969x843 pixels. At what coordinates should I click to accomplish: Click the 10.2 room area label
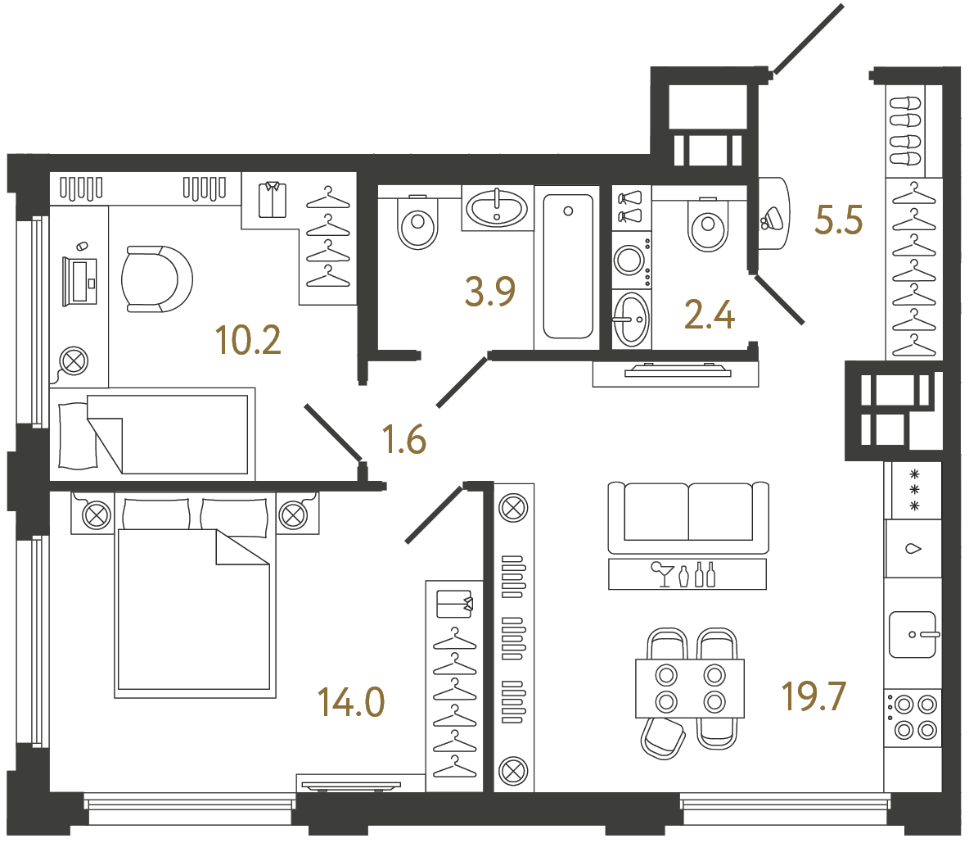tap(248, 340)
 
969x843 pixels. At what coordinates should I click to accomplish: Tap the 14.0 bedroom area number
tap(351, 702)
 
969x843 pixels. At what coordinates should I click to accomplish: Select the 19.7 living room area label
tap(814, 696)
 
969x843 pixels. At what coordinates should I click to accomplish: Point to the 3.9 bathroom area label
tap(490, 292)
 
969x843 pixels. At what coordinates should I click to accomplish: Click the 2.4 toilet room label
tap(710, 315)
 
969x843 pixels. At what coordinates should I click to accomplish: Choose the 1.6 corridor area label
tap(405, 440)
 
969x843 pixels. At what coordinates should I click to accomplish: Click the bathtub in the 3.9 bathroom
tap(568, 266)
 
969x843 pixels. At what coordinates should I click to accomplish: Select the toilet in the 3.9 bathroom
tap(418, 221)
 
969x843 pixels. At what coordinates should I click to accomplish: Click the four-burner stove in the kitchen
tap(913, 718)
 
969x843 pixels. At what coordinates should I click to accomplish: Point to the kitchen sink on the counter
tap(913, 635)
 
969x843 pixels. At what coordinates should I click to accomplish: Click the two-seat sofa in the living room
tap(688, 518)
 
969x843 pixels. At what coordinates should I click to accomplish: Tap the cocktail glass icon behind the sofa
tap(662, 574)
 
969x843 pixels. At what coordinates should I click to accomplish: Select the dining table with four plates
tap(690, 688)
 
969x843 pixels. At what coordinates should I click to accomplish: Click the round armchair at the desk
tap(158, 279)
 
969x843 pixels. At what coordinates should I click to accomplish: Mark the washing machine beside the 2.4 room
tap(631, 261)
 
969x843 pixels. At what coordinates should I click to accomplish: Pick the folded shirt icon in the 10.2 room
tap(273, 199)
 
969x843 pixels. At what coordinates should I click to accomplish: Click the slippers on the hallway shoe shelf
tap(904, 130)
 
